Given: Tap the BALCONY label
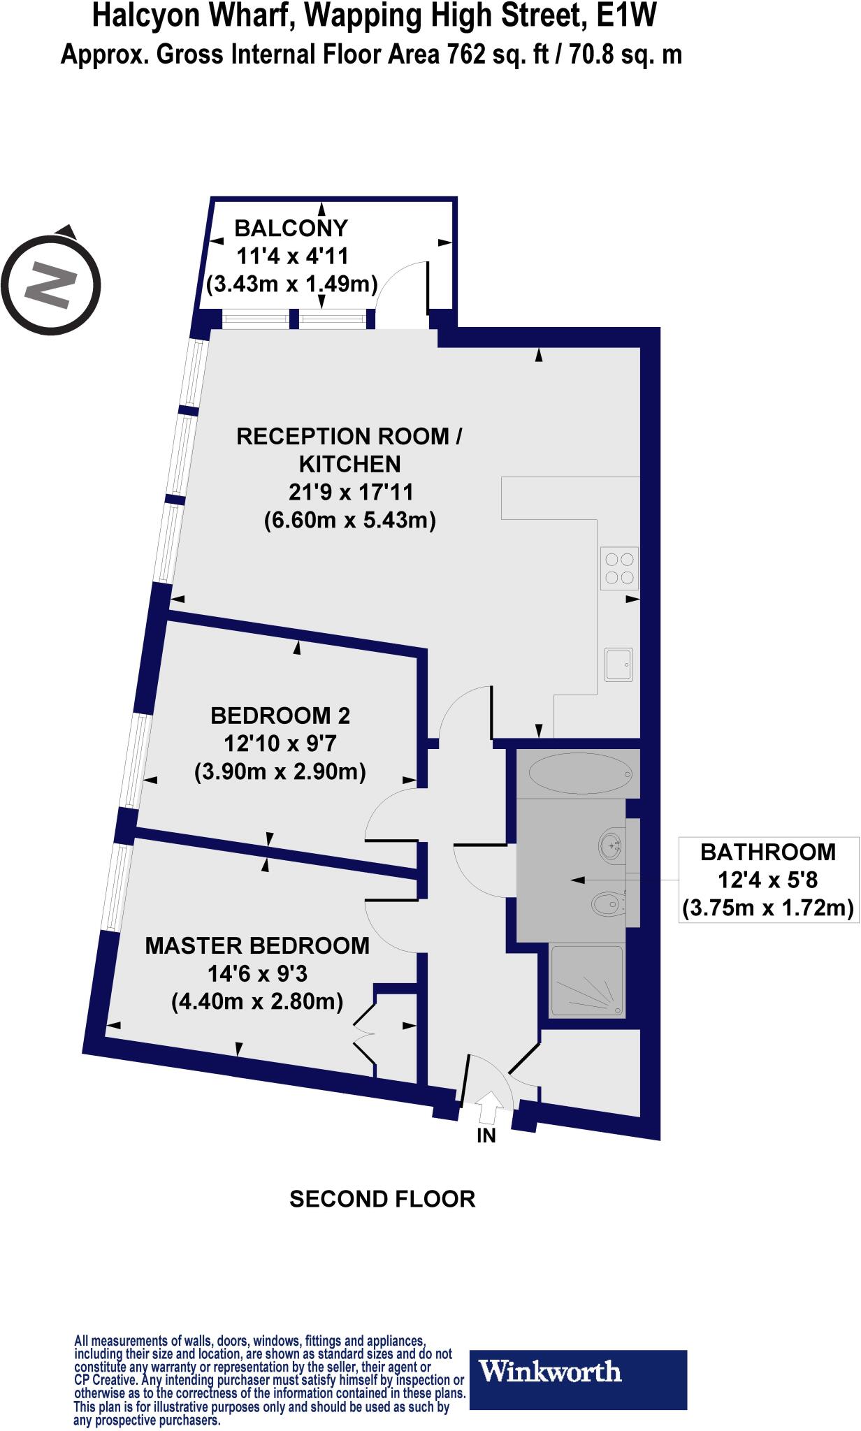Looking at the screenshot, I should click(x=291, y=228).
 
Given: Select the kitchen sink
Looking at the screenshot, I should click(x=619, y=663).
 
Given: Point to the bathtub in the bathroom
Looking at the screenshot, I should click(x=580, y=773).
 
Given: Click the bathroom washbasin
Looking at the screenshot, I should click(x=612, y=846).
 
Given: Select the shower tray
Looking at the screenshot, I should click(x=586, y=980).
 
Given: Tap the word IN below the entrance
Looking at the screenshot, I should click(x=486, y=1136).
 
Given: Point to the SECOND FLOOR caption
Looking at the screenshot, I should click(x=382, y=1200).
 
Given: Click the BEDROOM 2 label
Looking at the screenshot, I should click(x=280, y=715).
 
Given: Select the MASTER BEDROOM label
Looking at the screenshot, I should click(x=257, y=945).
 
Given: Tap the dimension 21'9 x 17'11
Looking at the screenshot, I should click(x=351, y=492).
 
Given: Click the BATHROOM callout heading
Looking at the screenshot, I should click(x=768, y=852).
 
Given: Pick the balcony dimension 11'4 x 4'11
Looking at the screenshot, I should click(x=292, y=256).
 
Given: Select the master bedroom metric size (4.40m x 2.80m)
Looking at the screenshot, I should click(x=257, y=1002).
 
